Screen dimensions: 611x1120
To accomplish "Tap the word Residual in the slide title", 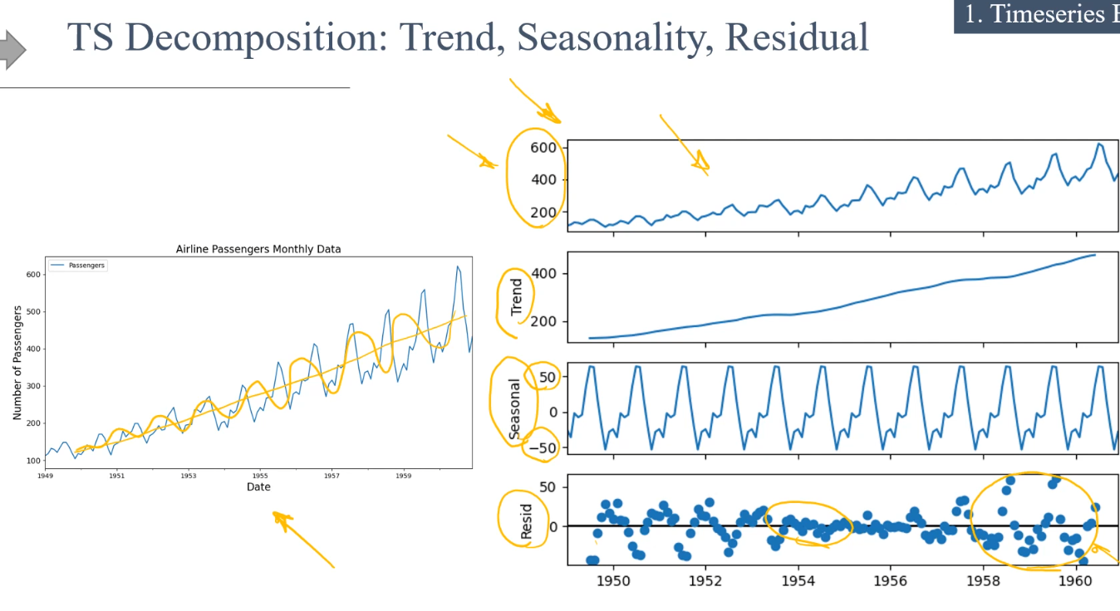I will [797, 37].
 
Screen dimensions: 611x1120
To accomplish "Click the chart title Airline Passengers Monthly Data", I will [258, 249].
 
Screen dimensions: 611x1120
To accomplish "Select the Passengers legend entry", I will [86, 266].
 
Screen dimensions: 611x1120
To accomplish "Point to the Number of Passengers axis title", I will [17, 363].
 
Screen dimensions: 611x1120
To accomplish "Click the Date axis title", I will [258, 487].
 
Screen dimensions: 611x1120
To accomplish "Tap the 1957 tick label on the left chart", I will [332, 477].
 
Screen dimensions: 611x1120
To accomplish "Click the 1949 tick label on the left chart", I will [45, 477].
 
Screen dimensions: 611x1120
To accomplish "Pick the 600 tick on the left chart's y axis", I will [33, 275].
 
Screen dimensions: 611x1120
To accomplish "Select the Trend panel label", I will [517, 296].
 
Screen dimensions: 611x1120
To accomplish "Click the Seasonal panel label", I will [515, 408].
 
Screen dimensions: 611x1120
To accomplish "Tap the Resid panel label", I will [526, 520].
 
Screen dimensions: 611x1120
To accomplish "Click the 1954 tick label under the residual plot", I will [798, 580].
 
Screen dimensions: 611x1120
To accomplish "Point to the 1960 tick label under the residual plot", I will [1074, 580].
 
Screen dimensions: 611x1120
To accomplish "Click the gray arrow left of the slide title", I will [12, 50].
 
